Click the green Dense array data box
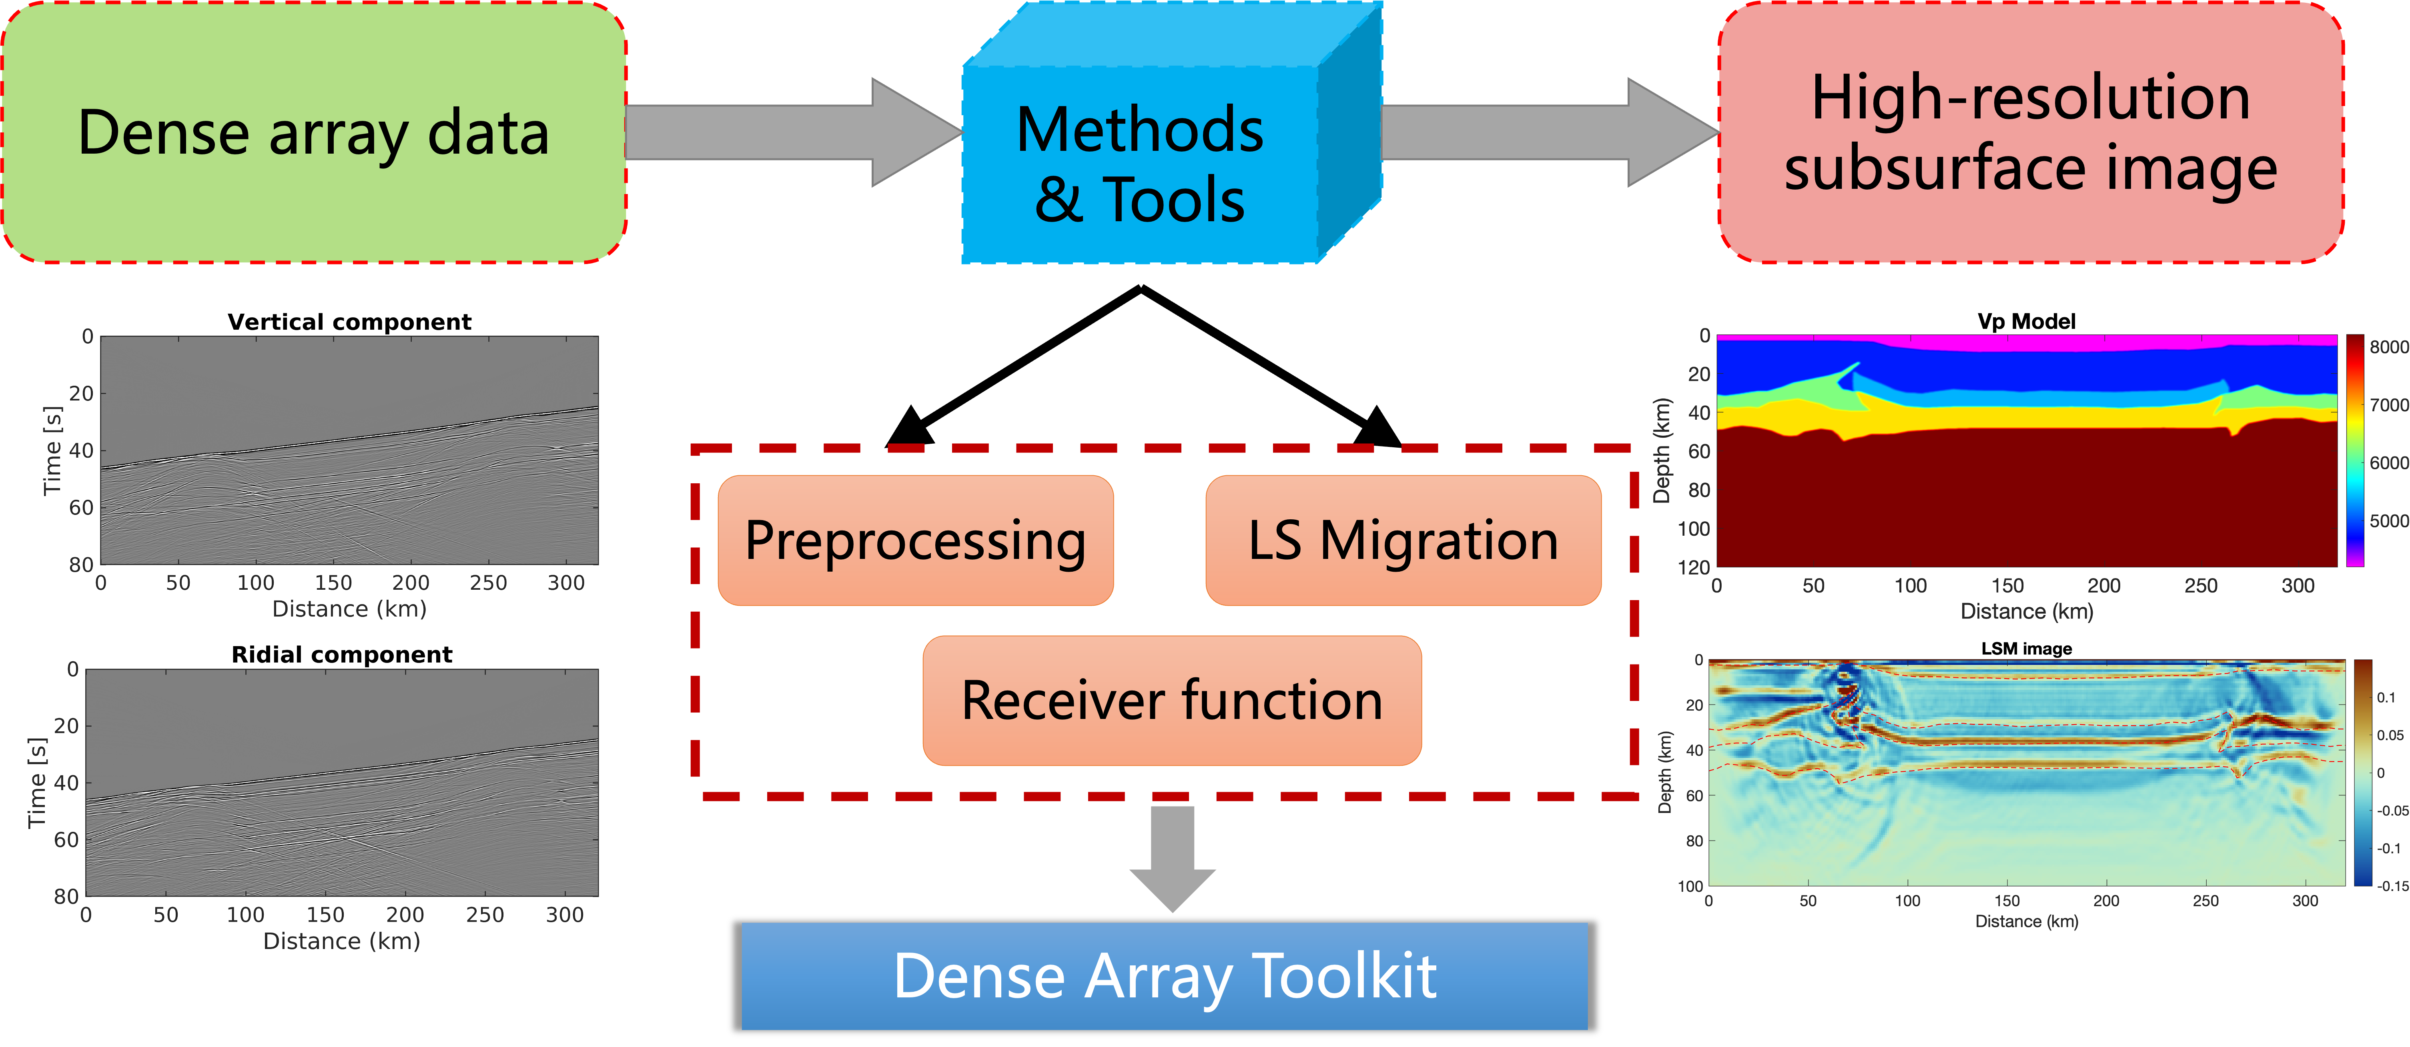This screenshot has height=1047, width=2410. pyautogui.click(x=313, y=132)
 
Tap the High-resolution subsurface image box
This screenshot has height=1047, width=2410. pyautogui.click(x=2030, y=132)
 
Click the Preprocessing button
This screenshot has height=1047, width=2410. pyautogui.click(x=915, y=541)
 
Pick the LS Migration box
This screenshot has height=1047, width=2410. pyautogui.click(x=1403, y=541)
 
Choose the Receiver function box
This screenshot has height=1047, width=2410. pyautogui.click(x=1171, y=701)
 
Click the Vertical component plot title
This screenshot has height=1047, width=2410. pyautogui.click(x=349, y=322)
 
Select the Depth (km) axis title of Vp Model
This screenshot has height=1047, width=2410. pyautogui.click(x=1662, y=451)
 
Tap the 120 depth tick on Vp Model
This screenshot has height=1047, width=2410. pyautogui.click(x=1693, y=567)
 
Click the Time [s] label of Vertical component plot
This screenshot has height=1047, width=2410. pyautogui.click(x=52, y=451)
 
